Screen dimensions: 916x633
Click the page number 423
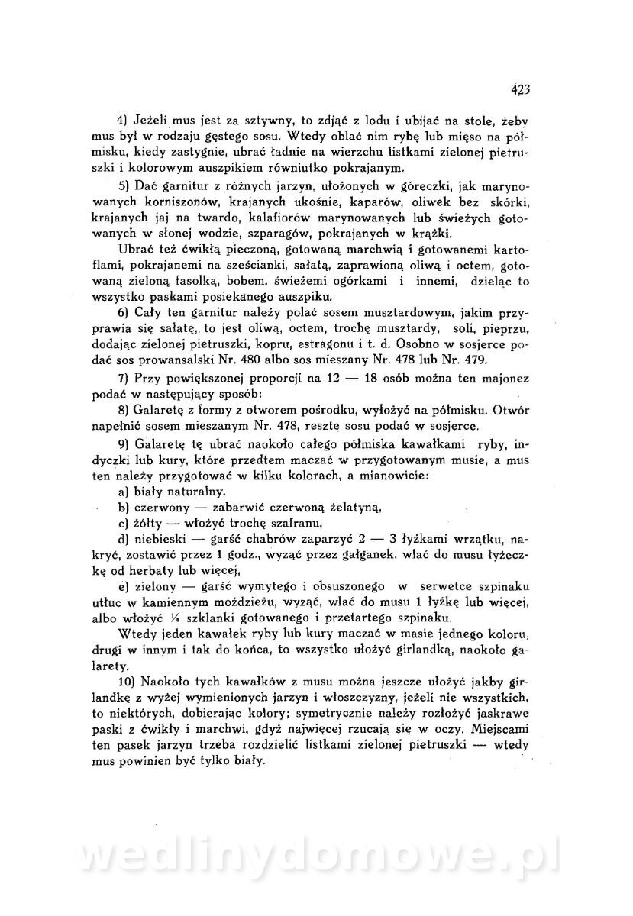pyautogui.click(x=520, y=89)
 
